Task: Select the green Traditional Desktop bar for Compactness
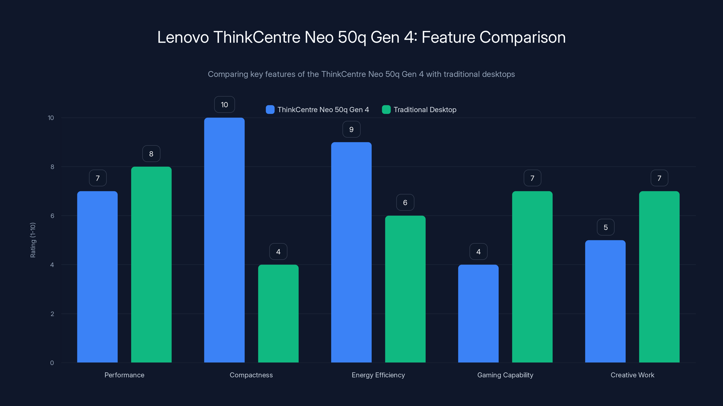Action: point(278,314)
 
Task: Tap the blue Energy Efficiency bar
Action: point(351,252)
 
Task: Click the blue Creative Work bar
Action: point(606,301)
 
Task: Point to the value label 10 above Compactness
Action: point(224,104)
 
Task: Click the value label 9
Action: point(351,129)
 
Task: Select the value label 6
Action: point(405,202)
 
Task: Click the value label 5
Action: point(606,227)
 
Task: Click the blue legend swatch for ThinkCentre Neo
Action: point(270,110)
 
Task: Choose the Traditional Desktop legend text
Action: point(425,110)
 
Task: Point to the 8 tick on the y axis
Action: point(52,167)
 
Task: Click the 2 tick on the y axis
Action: point(52,314)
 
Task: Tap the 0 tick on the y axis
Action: point(52,363)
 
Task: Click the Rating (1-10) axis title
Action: point(33,240)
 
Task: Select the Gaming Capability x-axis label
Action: point(505,375)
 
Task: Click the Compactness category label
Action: point(251,375)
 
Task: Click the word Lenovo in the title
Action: point(183,37)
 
